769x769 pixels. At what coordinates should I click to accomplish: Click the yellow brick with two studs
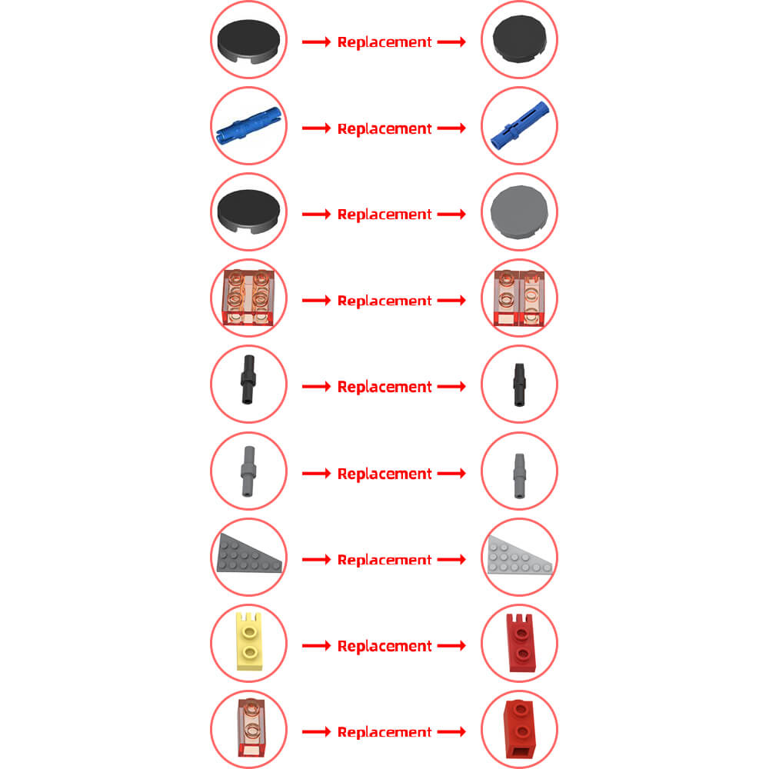249,641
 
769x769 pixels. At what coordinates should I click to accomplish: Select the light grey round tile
519,212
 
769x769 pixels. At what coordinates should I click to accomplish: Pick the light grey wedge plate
520,556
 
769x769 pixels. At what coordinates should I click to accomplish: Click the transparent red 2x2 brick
248,297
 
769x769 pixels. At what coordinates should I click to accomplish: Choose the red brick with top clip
521,642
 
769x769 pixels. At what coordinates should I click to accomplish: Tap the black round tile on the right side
519,38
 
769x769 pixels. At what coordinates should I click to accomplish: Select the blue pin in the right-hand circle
520,126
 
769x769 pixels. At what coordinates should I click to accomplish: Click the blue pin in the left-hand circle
248,125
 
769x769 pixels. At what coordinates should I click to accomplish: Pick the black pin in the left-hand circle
248,380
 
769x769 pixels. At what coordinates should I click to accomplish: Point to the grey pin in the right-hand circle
519,476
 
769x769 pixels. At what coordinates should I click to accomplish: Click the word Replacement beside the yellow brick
384,647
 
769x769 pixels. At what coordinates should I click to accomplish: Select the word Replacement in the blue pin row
384,128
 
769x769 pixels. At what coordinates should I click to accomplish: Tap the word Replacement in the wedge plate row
384,560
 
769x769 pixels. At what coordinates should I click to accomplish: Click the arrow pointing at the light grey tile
451,215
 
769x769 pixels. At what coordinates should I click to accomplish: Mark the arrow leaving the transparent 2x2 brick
316,300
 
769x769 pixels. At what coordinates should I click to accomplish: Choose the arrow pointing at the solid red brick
451,732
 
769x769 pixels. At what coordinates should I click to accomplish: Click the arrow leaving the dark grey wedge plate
316,560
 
